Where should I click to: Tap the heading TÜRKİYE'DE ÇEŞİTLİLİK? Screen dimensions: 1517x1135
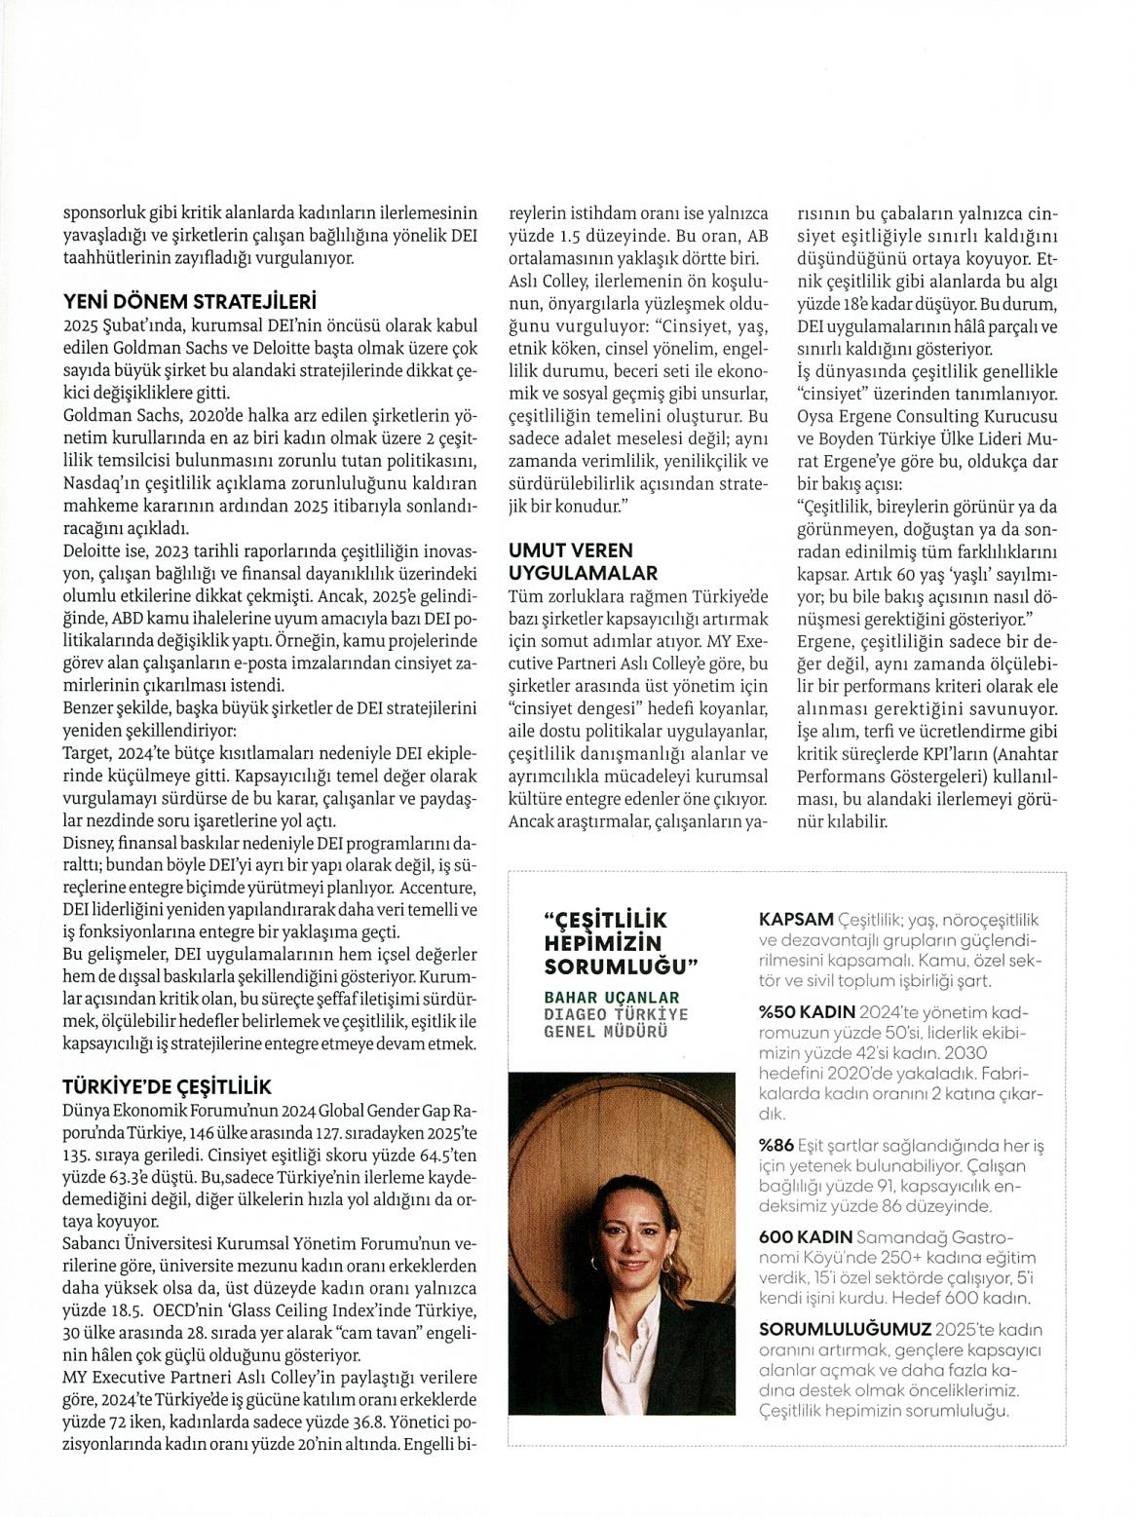point(168,1086)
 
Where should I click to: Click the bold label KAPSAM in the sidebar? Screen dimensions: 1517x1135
point(796,919)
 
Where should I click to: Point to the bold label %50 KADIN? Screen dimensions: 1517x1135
point(806,1009)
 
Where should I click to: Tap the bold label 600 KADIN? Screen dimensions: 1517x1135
point(804,1236)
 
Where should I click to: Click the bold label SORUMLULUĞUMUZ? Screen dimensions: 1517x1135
point(844,1329)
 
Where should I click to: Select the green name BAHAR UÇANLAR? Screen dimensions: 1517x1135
point(611,999)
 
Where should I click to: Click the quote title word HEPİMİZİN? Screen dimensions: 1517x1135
point(602,943)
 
